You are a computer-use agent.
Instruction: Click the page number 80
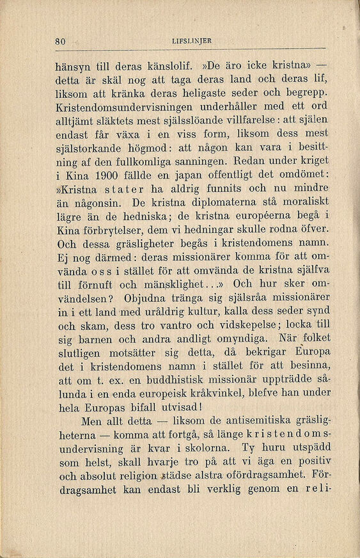pos(61,42)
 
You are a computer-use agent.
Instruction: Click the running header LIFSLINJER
pos(192,42)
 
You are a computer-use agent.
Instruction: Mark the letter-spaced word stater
pos(127,188)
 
